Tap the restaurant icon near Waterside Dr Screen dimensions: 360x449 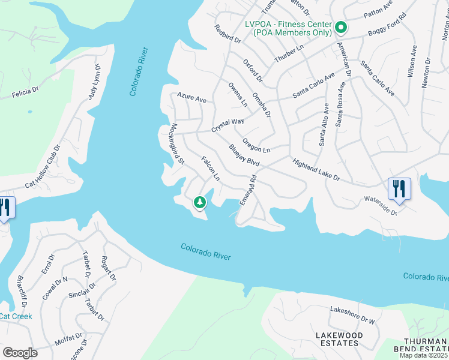pos(399,188)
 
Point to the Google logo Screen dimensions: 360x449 pos(20,352)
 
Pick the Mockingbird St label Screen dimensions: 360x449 pos(177,143)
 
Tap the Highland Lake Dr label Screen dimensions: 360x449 pos(316,170)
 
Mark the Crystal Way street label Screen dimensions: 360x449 pos(228,125)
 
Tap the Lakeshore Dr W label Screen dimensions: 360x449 pos(352,316)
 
